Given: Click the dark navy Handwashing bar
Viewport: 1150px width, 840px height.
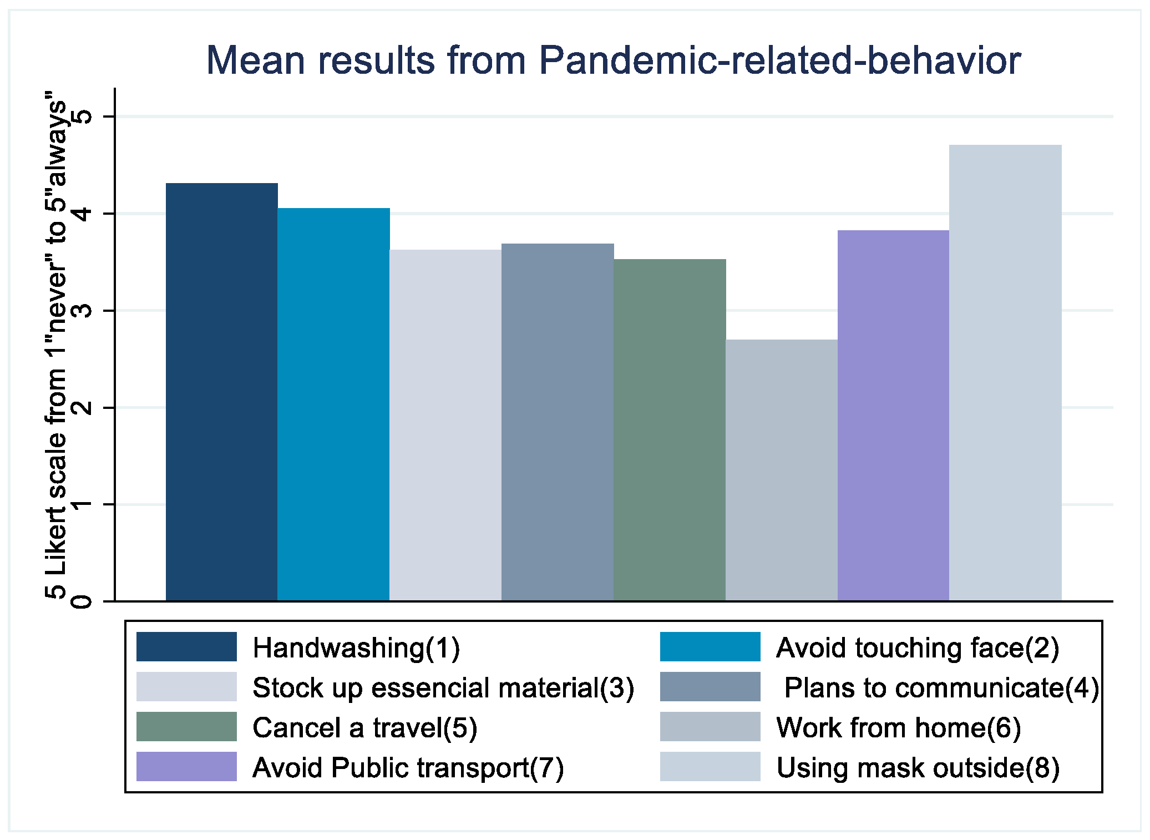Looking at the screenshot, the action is (x=222, y=392).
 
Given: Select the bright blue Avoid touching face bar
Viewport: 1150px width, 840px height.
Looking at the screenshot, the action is (x=334, y=404).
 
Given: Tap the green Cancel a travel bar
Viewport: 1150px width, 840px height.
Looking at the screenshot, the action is (x=670, y=430).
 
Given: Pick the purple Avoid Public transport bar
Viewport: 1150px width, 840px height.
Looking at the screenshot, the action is (x=893, y=416).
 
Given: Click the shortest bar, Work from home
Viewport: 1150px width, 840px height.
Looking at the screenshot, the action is (x=782, y=470).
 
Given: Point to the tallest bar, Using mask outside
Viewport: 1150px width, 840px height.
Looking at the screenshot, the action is (x=1005, y=373).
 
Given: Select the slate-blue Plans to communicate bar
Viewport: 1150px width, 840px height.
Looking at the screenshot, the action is (x=558, y=422).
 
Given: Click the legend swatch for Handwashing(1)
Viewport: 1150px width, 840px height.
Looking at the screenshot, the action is (x=186, y=647).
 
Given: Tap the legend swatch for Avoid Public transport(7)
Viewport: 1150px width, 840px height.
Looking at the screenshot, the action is (x=186, y=767).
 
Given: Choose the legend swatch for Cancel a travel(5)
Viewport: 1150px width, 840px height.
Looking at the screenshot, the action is (x=186, y=727).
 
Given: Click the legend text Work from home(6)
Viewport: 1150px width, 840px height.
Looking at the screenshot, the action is (x=899, y=728).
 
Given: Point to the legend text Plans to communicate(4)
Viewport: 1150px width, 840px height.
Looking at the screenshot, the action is (x=941, y=688).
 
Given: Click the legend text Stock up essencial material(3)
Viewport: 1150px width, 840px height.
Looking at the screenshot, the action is (x=443, y=688).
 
